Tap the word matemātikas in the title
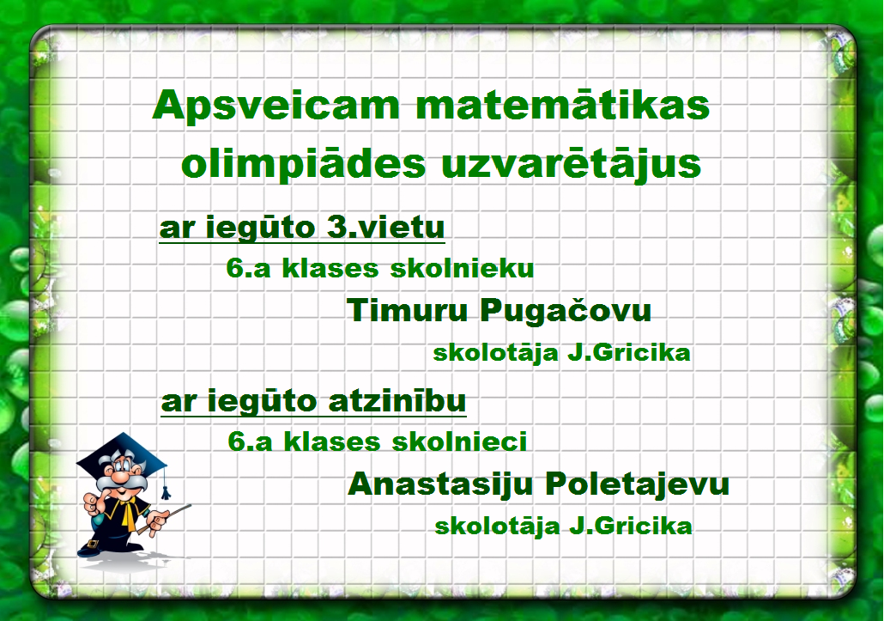coord(563,105)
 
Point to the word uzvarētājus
coord(572,163)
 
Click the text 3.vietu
coord(385,228)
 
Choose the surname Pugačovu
coord(566,311)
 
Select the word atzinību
coord(397,401)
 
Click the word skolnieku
coord(463,268)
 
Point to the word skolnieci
coord(459,441)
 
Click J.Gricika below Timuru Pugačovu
coord(628,353)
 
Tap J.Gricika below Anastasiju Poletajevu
coord(630,527)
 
